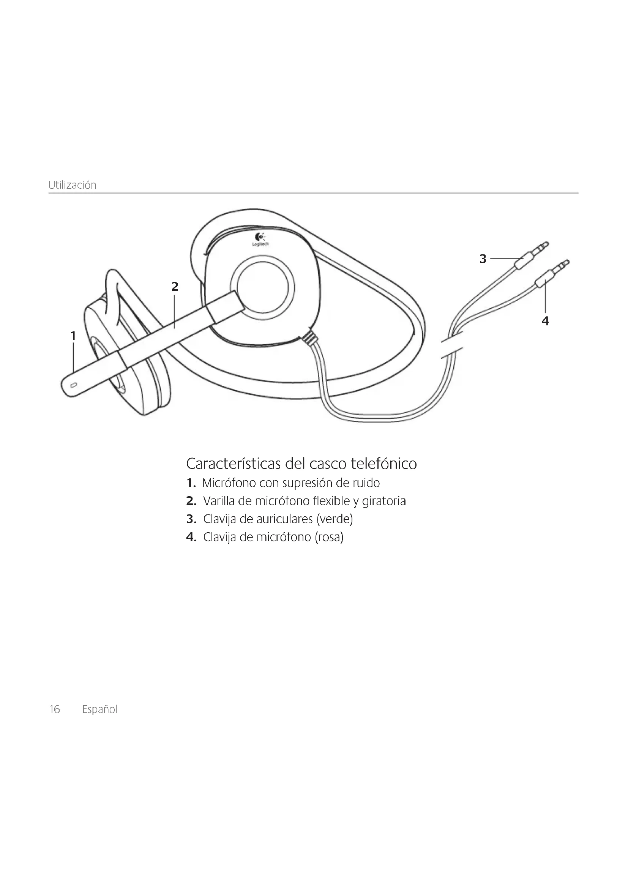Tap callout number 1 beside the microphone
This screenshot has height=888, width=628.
tap(73, 336)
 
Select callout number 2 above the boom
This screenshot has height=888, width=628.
tap(175, 287)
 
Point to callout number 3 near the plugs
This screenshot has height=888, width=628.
tap(483, 259)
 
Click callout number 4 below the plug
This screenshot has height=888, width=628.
tap(545, 321)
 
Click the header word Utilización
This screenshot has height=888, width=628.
tap(72, 185)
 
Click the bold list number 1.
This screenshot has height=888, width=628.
tap(190, 483)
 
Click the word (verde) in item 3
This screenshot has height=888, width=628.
tap(335, 519)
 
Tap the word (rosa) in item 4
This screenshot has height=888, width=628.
tap(329, 537)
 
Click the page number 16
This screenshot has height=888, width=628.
tap(55, 709)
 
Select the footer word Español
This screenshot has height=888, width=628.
tap(100, 709)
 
